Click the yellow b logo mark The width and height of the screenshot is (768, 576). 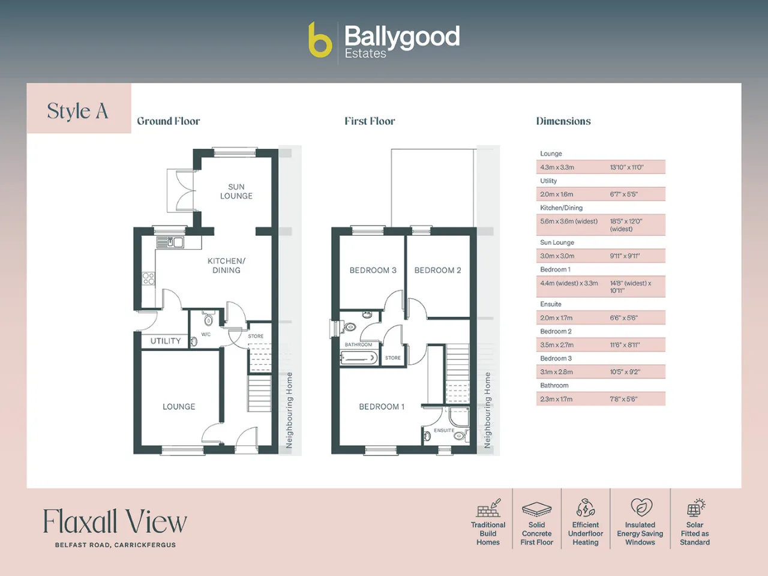click(x=320, y=40)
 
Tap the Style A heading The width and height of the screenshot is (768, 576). click(x=77, y=111)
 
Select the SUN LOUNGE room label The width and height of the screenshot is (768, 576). click(x=236, y=191)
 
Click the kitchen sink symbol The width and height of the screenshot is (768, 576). click(x=170, y=242)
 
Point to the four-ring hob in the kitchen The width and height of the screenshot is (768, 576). click(x=148, y=279)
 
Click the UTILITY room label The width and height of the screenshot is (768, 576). click(x=166, y=341)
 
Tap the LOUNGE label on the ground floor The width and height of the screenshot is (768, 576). click(x=179, y=406)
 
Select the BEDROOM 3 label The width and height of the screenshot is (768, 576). click(x=373, y=270)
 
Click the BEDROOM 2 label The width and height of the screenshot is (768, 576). click(x=438, y=270)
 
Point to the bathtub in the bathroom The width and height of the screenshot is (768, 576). click(x=359, y=358)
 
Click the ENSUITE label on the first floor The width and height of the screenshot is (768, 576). click(x=444, y=431)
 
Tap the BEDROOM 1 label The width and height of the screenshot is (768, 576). click(x=382, y=406)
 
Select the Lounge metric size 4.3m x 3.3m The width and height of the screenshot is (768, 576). click(x=557, y=167)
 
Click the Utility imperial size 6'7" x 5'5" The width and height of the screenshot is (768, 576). click(x=624, y=194)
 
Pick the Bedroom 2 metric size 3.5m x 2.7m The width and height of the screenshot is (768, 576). click(x=557, y=345)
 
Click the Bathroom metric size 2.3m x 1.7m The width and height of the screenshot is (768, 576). click(x=556, y=399)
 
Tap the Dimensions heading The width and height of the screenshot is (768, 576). click(x=563, y=121)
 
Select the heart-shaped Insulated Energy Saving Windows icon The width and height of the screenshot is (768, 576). click(x=641, y=508)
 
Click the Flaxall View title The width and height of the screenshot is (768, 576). click(x=115, y=521)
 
